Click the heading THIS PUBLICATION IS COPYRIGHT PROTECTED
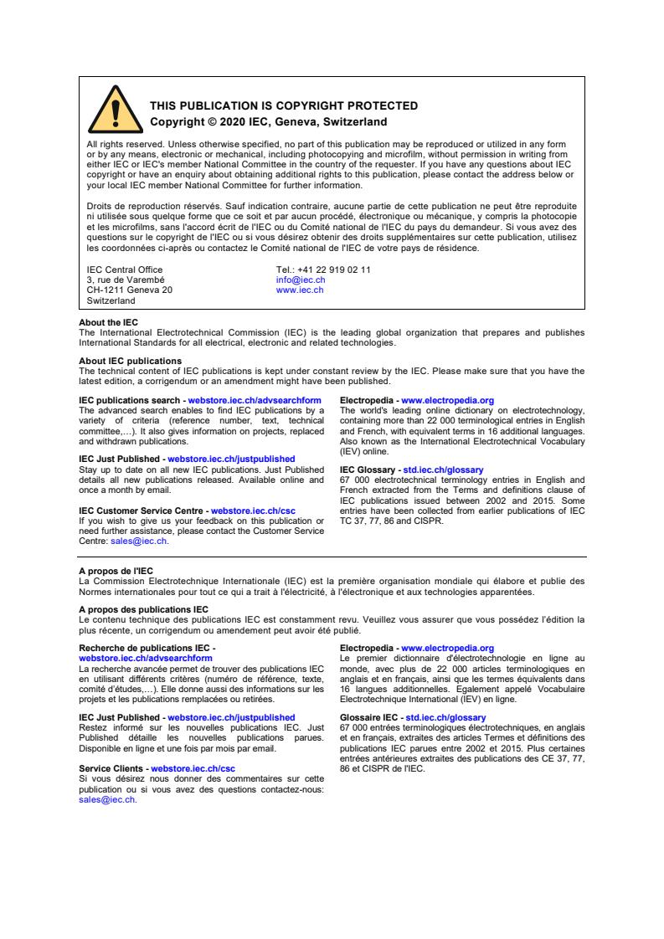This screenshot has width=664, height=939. tap(283, 106)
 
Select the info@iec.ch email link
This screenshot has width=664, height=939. tap(301, 280)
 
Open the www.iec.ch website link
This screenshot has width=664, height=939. tap(299, 290)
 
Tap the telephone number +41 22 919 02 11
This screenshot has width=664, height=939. tap(323, 269)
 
